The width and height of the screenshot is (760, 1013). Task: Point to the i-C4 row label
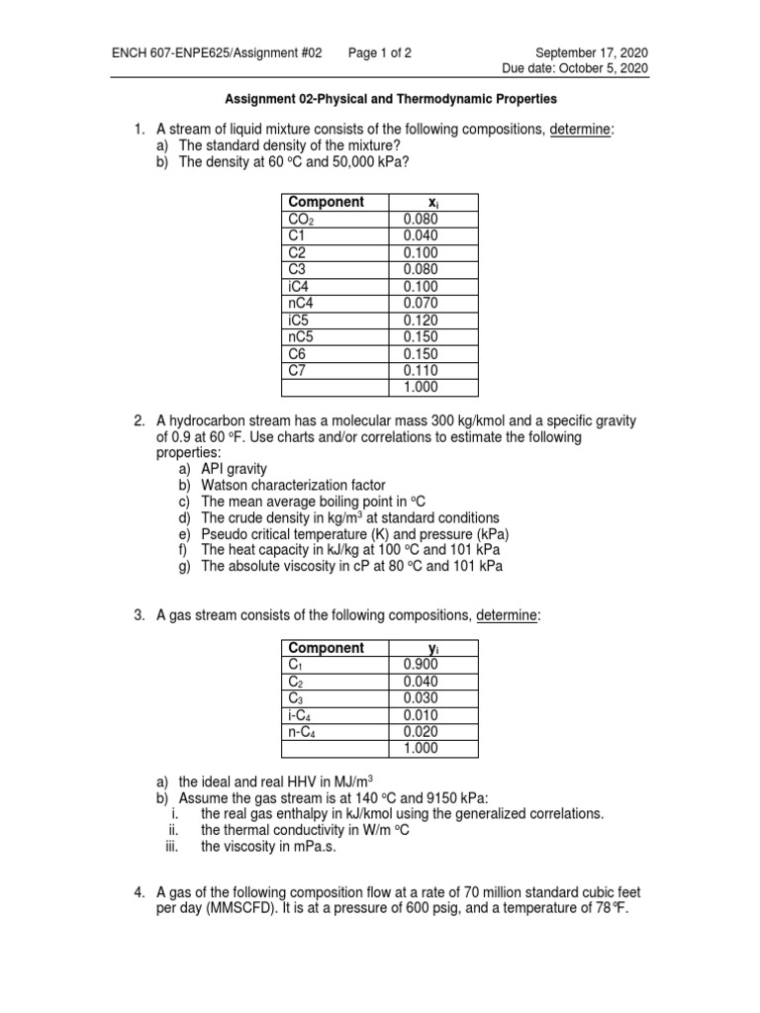click(x=300, y=715)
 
